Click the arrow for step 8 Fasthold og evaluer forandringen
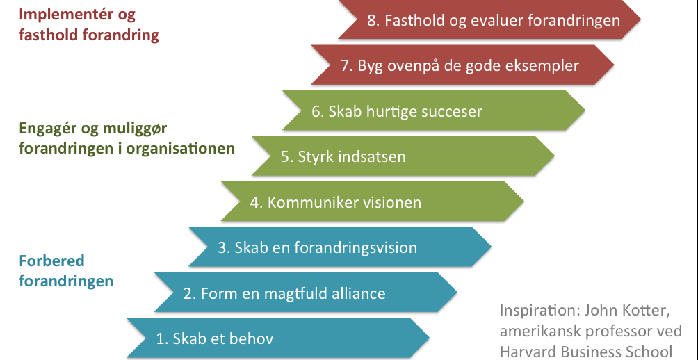489,19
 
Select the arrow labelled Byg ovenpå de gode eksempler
463,65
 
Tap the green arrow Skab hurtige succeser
434,111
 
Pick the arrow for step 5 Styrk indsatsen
403,156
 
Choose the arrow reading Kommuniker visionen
373,202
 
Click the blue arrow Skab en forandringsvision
340,247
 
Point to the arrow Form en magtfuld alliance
306,293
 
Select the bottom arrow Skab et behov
278,338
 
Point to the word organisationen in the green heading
180,148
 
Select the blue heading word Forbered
51,261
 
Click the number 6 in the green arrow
316,111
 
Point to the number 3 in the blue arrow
222,247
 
